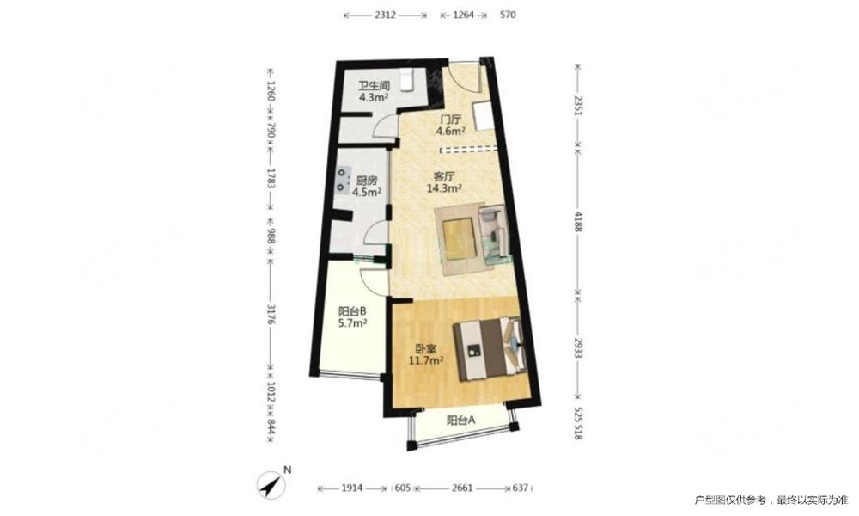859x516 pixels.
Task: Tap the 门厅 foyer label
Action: tap(451, 120)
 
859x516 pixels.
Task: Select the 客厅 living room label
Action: tap(444, 177)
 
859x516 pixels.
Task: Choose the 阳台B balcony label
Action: tap(352, 311)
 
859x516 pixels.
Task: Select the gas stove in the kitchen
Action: tap(343, 181)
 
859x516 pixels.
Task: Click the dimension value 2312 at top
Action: tap(385, 15)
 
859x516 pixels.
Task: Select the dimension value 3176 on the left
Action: tap(270, 314)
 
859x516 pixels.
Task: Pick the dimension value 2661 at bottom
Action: tap(463, 488)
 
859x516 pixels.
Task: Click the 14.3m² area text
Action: tap(444, 188)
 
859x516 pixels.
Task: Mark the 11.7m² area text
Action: tap(426, 360)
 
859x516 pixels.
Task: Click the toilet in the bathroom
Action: tap(406, 79)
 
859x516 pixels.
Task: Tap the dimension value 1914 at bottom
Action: tap(351, 488)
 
